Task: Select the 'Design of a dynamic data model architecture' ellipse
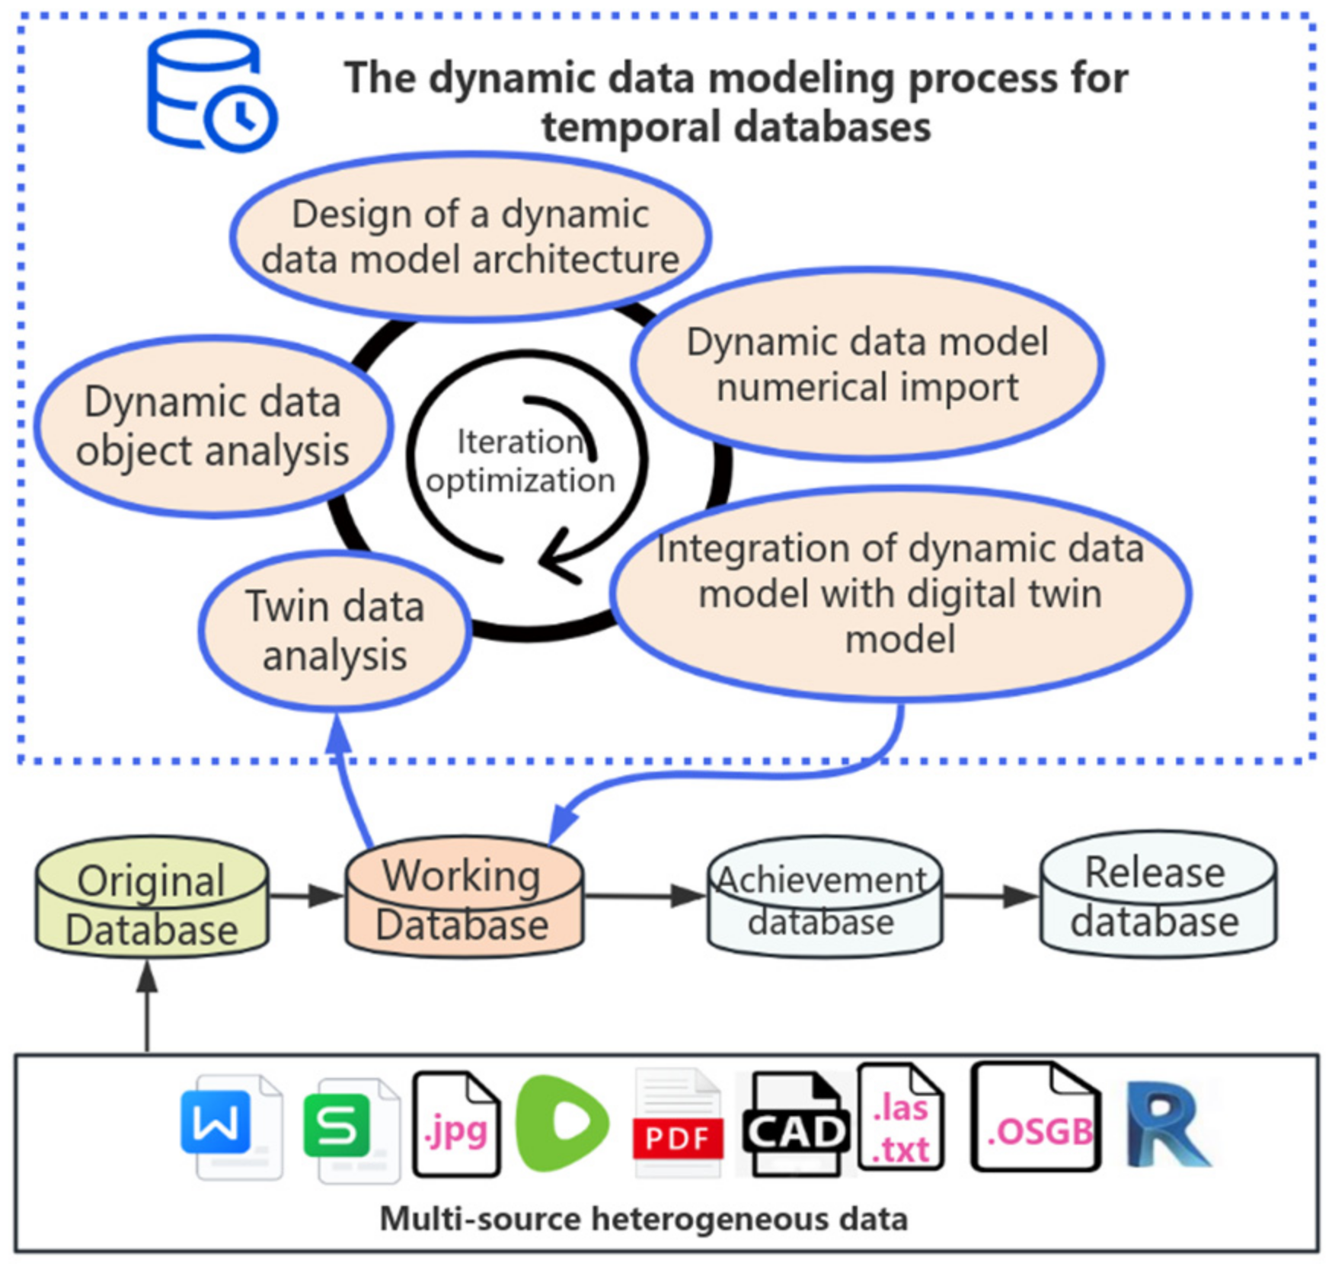pyautogui.click(x=471, y=236)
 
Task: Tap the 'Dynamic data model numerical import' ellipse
pyautogui.click(x=867, y=363)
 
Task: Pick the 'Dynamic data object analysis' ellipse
pyautogui.click(x=213, y=427)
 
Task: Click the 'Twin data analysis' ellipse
pyautogui.click(x=335, y=631)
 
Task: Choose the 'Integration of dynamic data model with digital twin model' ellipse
pyautogui.click(x=900, y=593)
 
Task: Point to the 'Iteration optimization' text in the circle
pyautogui.click(x=520, y=462)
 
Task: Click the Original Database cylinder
pyautogui.click(x=152, y=897)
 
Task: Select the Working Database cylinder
pyautogui.click(x=465, y=897)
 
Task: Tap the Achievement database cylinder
pyautogui.click(x=825, y=897)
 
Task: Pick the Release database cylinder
pyautogui.click(x=1158, y=894)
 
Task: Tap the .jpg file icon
pyautogui.click(x=456, y=1124)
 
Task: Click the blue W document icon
pyautogui.click(x=232, y=1127)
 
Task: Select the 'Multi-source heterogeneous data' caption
pyautogui.click(x=644, y=1219)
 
